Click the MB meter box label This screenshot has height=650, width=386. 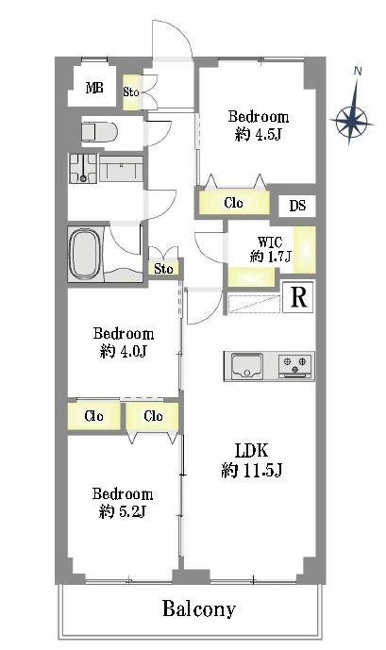[x=94, y=88]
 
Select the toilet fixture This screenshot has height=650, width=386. [x=99, y=133]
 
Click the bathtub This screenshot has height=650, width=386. [x=85, y=254]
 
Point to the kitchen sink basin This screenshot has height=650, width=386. [x=246, y=366]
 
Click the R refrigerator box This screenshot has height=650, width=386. [x=298, y=297]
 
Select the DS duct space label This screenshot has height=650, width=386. [x=297, y=206]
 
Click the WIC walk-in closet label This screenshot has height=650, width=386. [x=270, y=249]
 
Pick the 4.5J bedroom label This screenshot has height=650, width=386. [x=259, y=125]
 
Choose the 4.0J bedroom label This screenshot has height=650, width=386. [x=124, y=342]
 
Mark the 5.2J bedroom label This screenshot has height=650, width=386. [x=123, y=503]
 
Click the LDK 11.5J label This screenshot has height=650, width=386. [x=252, y=459]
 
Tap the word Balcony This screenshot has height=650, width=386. [x=199, y=608]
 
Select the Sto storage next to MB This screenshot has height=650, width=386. [x=131, y=92]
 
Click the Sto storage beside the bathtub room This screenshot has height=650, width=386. [x=163, y=269]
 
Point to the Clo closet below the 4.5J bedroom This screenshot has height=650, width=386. [x=233, y=203]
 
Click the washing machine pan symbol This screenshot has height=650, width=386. [x=83, y=168]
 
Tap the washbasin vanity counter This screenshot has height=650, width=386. [x=121, y=169]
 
